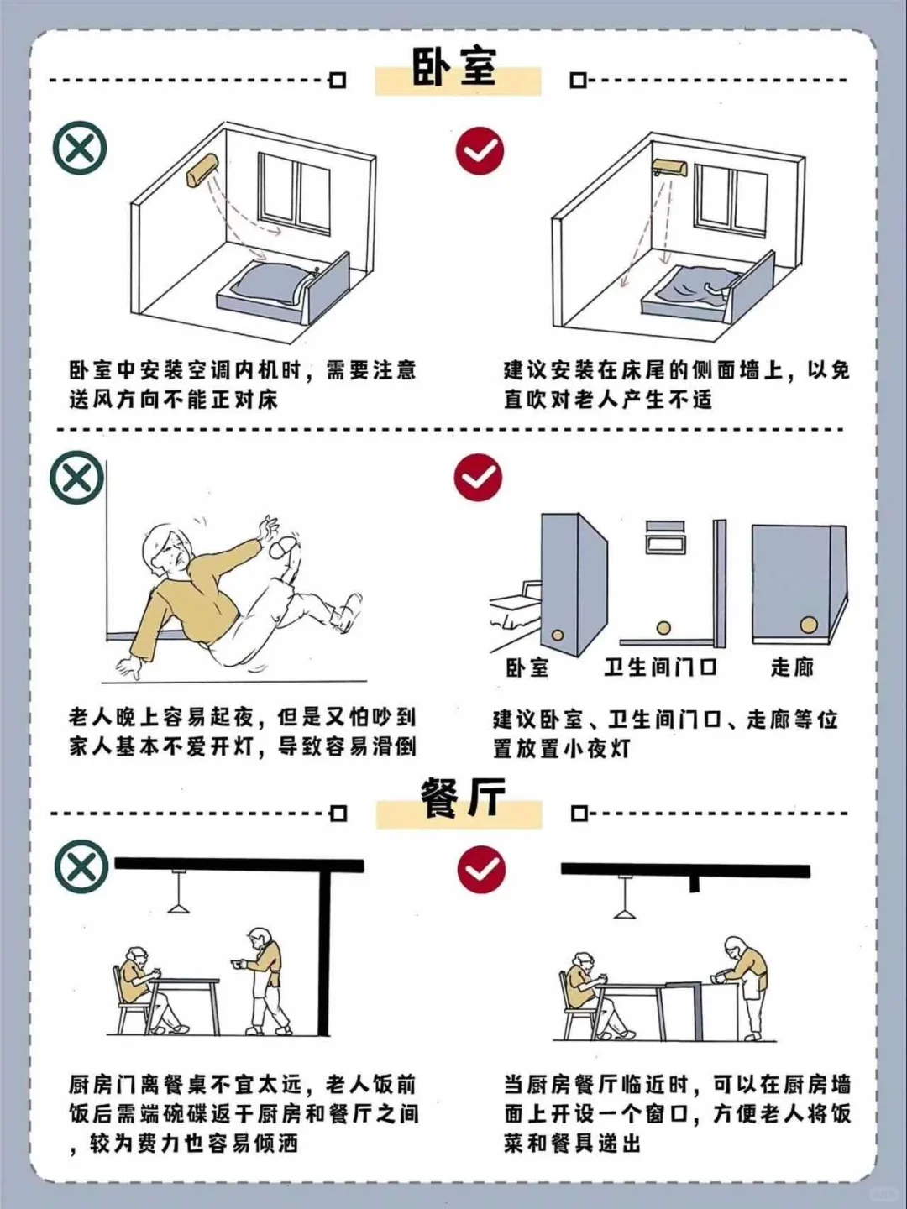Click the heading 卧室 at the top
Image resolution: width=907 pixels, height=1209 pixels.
click(x=454, y=67)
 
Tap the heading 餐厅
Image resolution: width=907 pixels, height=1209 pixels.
click(x=461, y=799)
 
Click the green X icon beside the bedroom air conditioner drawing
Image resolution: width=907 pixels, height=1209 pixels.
click(x=80, y=149)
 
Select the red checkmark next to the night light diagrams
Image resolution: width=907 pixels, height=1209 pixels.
click(x=478, y=478)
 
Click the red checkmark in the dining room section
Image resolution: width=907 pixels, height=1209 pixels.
click(x=481, y=870)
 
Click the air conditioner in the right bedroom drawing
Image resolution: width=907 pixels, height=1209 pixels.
click(x=669, y=168)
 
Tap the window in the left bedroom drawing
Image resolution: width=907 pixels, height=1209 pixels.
click(x=293, y=193)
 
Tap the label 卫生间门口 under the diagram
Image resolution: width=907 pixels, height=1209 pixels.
click(x=660, y=667)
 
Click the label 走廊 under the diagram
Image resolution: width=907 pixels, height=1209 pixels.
click(x=792, y=667)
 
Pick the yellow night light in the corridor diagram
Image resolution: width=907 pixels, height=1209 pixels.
click(x=808, y=625)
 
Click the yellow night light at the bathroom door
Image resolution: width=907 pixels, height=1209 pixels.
click(x=663, y=627)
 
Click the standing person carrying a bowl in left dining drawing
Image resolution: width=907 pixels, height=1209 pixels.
click(x=265, y=979)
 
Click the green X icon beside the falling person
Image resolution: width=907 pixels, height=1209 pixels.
click(x=77, y=479)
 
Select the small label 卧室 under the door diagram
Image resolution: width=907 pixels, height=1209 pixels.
click(x=527, y=667)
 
